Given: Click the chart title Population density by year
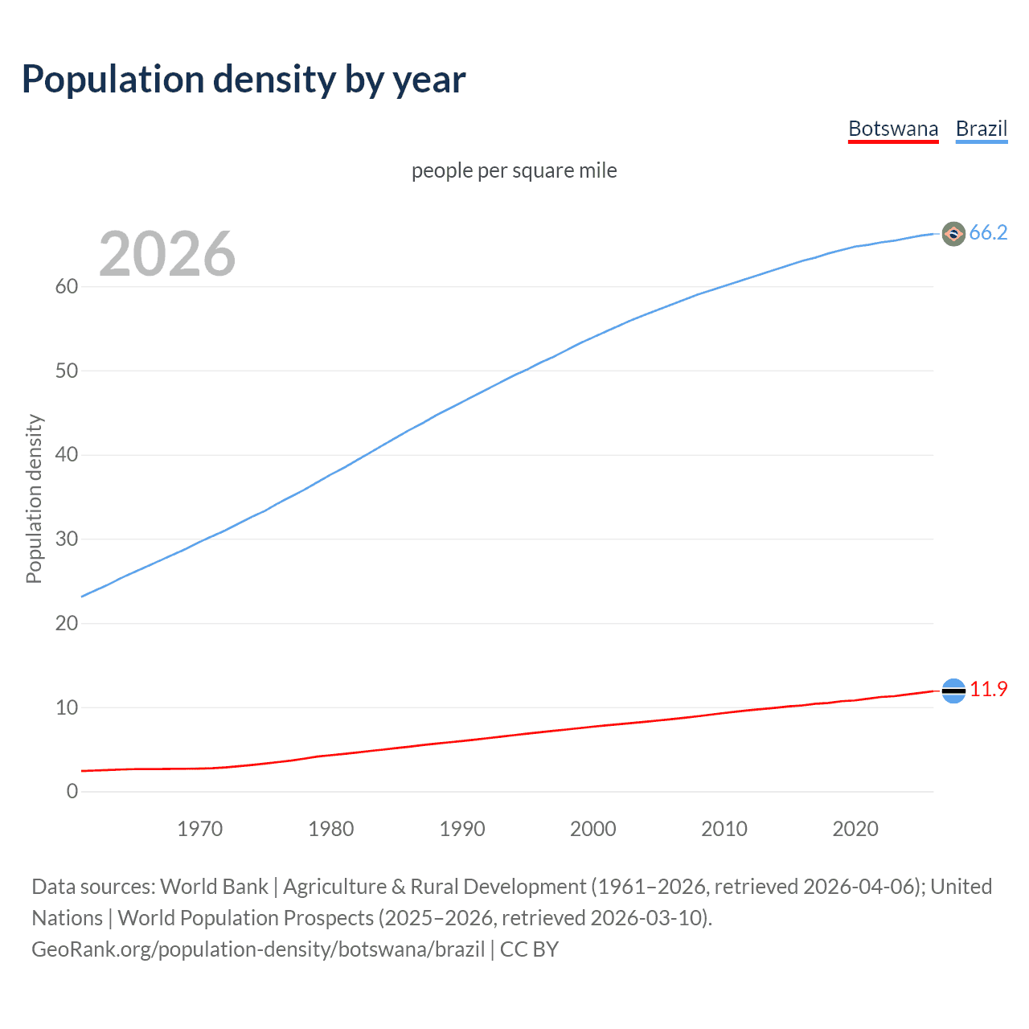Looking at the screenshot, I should tap(244, 80).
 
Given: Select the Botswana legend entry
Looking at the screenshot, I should tap(893, 129).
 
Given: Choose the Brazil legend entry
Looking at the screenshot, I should tap(981, 129).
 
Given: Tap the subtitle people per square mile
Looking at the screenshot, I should tap(514, 171).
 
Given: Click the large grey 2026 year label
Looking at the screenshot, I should tap(167, 254).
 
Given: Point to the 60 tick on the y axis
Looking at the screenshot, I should tap(67, 287).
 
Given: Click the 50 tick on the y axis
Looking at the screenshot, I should tap(67, 371).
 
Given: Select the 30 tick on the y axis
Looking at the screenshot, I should tap(67, 539).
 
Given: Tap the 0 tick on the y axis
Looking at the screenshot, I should tap(72, 792).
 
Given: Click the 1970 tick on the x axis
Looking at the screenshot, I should tap(199, 829).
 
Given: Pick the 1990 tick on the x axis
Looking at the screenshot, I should tap(461, 829).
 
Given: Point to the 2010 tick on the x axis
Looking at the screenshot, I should tap(724, 829).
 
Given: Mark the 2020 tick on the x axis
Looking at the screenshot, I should tap(855, 829).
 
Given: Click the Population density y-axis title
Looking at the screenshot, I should tap(34, 498).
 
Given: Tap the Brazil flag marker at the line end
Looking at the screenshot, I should tap(953, 234).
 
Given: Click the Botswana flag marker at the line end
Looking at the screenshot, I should tap(953, 691).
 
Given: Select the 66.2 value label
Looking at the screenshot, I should tap(988, 233).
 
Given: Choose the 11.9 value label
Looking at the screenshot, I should tap(988, 690).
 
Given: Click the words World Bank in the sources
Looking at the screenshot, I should tap(214, 887).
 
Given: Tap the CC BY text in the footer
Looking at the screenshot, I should tap(529, 949).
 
